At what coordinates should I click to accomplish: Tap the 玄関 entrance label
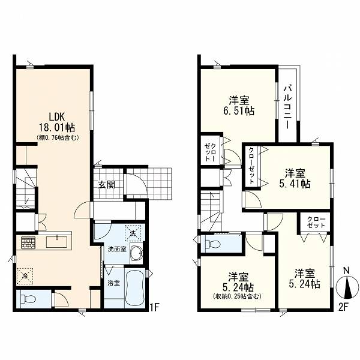pos(107,185)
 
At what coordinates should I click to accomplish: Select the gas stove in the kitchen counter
pos(28,242)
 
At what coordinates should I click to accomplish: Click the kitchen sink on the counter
pos(57,242)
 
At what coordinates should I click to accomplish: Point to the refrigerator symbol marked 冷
pos(25,276)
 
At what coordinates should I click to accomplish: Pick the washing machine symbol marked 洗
pos(133,233)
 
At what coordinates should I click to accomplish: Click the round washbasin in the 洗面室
pos(136,253)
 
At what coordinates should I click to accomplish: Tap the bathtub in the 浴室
pos(135,287)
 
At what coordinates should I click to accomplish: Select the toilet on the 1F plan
pos(28,299)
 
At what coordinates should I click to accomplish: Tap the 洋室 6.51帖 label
pos(239,106)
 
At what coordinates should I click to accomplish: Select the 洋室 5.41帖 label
pos(295,179)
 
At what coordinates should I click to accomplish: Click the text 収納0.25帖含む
pos(237,296)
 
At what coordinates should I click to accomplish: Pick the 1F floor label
pos(154,307)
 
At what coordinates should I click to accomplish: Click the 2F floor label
pos(344,307)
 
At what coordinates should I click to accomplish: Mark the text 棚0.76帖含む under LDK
pos(58,137)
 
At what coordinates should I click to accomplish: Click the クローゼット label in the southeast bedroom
pos(316,222)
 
